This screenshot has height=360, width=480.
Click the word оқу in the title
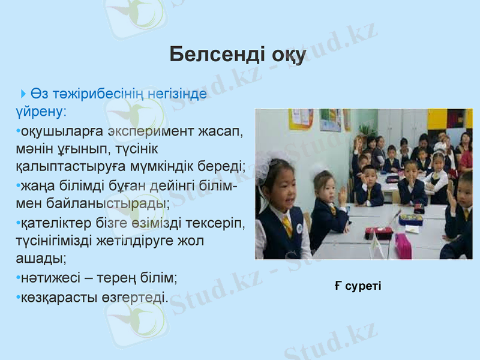click(287, 55)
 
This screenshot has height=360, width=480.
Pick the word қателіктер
click(55, 223)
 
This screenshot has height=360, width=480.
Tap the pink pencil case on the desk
click(403, 246)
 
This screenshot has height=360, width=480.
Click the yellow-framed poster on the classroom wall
click(301, 119)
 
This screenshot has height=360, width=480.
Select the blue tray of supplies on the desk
click(411, 219)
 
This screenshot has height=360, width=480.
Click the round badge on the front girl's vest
click(299, 229)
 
